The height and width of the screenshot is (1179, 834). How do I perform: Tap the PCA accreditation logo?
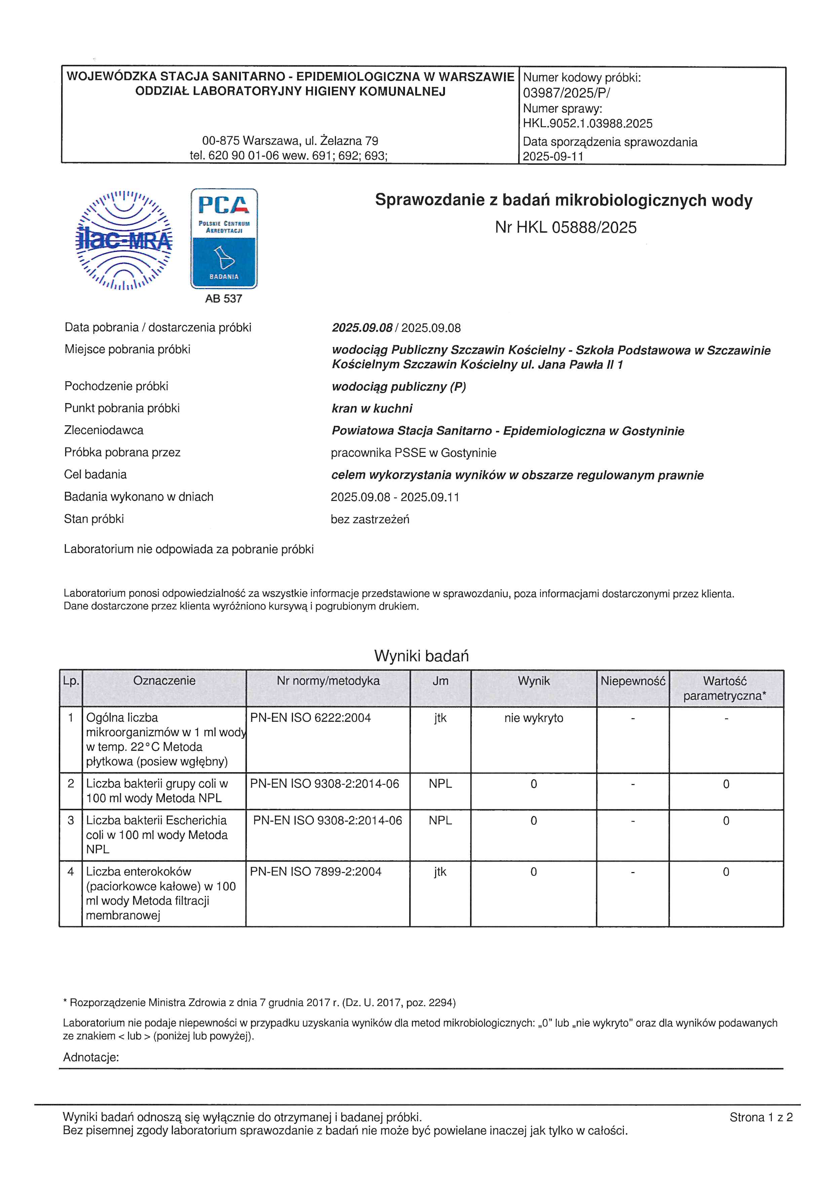point(224,238)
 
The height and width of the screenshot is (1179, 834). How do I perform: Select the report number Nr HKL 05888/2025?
point(565,228)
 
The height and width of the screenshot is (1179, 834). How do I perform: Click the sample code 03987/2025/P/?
point(566,93)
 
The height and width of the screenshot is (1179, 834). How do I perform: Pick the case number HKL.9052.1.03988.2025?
point(587,124)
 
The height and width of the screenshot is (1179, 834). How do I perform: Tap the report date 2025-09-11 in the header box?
point(553,156)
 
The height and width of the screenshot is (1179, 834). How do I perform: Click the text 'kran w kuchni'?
point(372,409)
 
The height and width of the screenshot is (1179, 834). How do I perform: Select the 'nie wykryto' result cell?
point(534,718)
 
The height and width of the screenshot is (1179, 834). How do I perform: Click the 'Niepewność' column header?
point(633,681)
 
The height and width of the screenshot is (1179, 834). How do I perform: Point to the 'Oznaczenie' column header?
point(164,681)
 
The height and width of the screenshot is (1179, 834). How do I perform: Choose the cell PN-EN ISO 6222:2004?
point(310,718)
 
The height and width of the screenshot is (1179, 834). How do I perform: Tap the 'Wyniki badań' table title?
point(421,656)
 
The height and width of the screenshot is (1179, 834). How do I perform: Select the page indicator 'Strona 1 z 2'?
point(761,1117)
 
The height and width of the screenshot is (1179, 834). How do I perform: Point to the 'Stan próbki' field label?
point(94,519)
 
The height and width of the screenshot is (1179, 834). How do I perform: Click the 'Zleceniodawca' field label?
point(104,430)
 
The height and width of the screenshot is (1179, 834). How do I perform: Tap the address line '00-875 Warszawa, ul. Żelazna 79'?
point(290,141)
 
